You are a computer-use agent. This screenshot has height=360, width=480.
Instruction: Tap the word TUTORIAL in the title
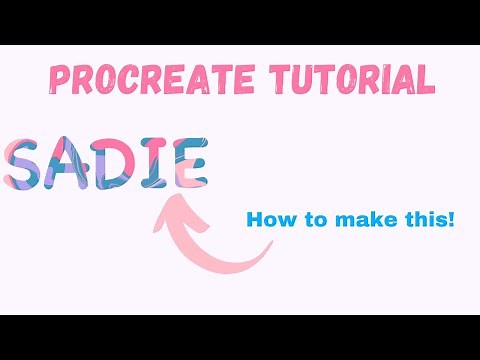tap(346, 78)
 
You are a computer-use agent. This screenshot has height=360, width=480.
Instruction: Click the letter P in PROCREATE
tap(57, 78)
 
